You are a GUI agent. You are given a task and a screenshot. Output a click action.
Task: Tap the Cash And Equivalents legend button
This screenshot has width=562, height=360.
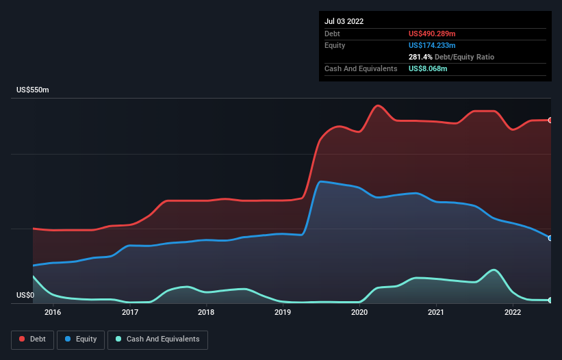pyautogui.click(x=157, y=339)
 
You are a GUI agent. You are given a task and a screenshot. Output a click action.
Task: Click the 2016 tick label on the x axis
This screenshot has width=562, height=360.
pyautogui.click(x=53, y=313)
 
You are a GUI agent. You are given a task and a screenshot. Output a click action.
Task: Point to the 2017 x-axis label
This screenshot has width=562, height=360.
pyautogui.click(x=130, y=313)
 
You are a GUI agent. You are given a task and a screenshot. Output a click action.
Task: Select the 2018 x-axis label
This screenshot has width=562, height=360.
pyautogui.click(x=206, y=313)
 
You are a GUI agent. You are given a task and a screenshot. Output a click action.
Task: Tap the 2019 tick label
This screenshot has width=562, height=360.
pyautogui.click(x=283, y=313)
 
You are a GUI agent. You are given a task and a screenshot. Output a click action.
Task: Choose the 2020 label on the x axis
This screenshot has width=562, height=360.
pyautogui.click(x=360, y=313)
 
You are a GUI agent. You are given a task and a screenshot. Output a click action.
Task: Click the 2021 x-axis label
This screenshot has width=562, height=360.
pyautogui.click(x=436, y=313)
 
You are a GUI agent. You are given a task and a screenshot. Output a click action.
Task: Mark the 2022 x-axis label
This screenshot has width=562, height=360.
pyautogui.click(x=513, y=313)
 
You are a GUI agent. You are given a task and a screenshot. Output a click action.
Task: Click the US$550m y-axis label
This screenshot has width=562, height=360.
pyautogui.click(x=34, y=90)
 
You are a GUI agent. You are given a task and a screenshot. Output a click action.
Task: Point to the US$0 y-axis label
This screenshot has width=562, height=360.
pyautogui.click(x=25, y=296)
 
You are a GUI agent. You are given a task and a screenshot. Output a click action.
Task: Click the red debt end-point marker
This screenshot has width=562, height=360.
pyautogui.click(x=550, y=120)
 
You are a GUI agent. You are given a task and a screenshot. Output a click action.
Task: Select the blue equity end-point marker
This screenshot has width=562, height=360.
pyautogui.click(x=550, y=238)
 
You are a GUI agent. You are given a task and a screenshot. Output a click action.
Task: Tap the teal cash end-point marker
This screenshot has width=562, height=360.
pyautogui.click(x=550, y=300)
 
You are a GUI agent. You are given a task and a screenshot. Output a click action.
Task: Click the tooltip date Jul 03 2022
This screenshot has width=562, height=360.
pyautogui.click(x=344, y=21)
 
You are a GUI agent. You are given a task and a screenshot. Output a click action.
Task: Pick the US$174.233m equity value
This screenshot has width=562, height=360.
pyautogui.click(x=432, y=45)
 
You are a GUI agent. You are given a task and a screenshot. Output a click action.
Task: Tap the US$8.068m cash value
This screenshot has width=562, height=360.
pyautogui.click(x=428, y=68)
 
